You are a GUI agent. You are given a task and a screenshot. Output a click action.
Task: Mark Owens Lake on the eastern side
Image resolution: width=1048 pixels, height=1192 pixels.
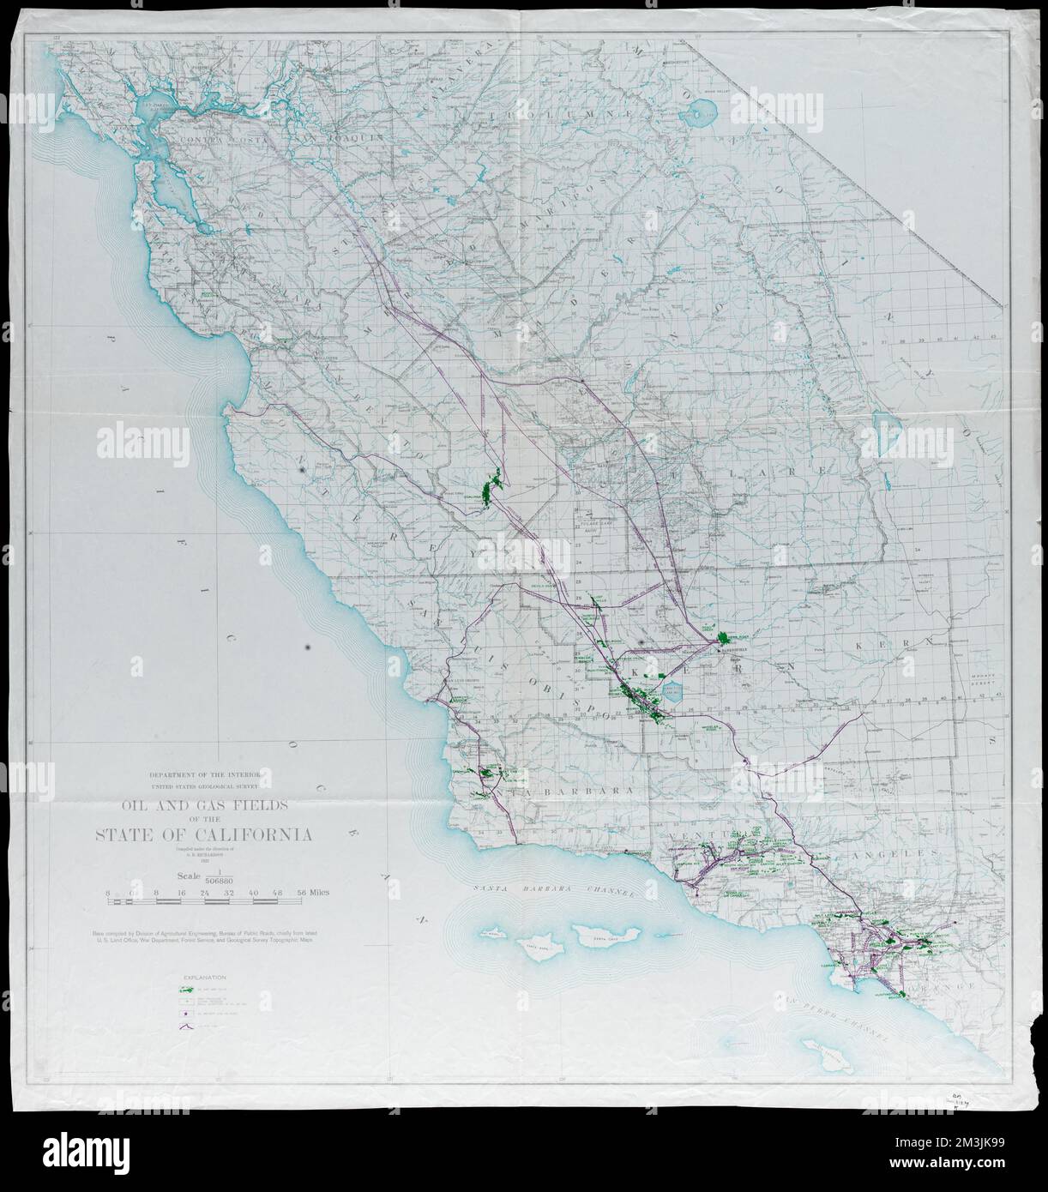click(881, 422)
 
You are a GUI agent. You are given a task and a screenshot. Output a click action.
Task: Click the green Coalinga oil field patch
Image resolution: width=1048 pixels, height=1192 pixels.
click(491, 491)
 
